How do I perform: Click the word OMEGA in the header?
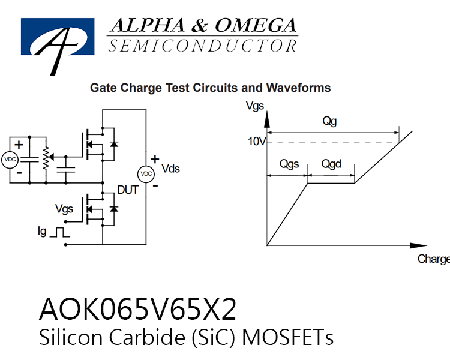(256, 25)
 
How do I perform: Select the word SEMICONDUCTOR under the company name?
(203, 46)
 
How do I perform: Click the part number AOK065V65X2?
(137, 309)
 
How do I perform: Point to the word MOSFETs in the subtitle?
(287, 337)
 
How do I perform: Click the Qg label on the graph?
(329, 121)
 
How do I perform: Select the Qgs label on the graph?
(289, 164)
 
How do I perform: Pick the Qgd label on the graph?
(331, 164)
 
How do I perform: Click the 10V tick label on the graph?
(257, 142)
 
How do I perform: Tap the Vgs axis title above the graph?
(255, 106)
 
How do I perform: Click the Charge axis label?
(434, 259)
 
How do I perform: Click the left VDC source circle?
(10, 160)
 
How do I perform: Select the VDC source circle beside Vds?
(146, 174)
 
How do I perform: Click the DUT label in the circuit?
(128, 190)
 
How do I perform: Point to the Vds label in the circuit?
(170, 169)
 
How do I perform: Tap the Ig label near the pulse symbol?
(42, 232)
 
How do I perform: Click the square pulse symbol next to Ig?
(59, 233)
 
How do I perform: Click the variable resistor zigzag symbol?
(46, 158)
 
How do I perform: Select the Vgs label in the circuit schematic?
(64, 209)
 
